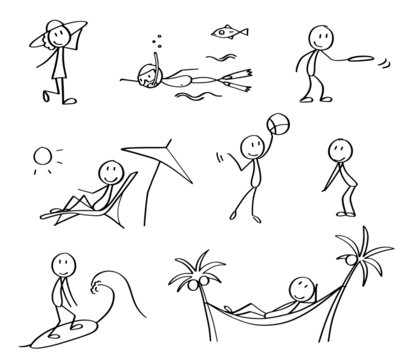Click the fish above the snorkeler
tap(226, 32)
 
